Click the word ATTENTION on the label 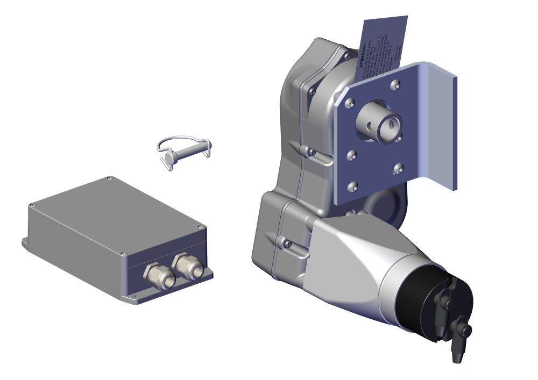click(x=365, y=54)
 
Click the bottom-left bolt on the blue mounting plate click(x=352, y=187)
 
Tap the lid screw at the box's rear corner click(x=109, y=178)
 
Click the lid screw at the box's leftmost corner click(x=32, y=205)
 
